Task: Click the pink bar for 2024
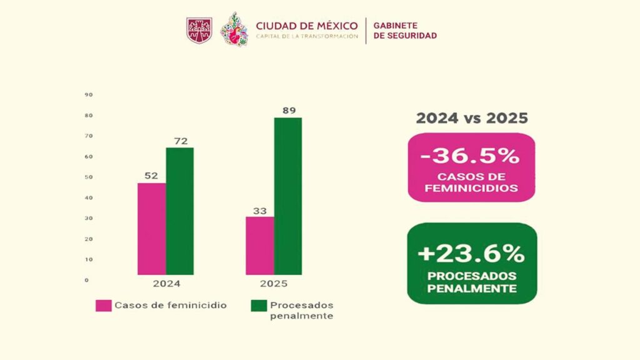pyautogui.click(x=152, y=229)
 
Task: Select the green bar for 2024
pyautogui.click(x=179, y=211)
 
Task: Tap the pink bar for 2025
pyautogui.click(x=260, y=246)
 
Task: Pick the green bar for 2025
pyautogui.click(x=288, y=196)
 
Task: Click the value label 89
pyautogui.click(x=288, y=111)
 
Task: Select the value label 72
pyautogui.click(x=180, y=141)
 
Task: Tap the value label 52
pyautogui.click(x=151, y=176)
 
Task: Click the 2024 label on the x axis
pyautogui.click(x=166, y=284)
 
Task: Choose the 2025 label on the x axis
pyautogui.click(x=274, y=284)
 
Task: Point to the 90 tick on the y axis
pyautogui.click(x=89, y=95)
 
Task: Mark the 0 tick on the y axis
pyautogui.click(x=87, y=280)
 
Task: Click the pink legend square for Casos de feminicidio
pyautogui.click(x=103, y=306)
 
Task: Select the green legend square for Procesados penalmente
pyautogui.click(x=259, y=306)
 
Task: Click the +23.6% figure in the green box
pyautogui.click(x=472, y=253)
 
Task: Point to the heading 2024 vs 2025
pyautogui.click(x=472, y=118)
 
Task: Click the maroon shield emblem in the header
pyautogui.click(x=199, y=30)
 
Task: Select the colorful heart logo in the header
pyautogui.click(x=234, y=29)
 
